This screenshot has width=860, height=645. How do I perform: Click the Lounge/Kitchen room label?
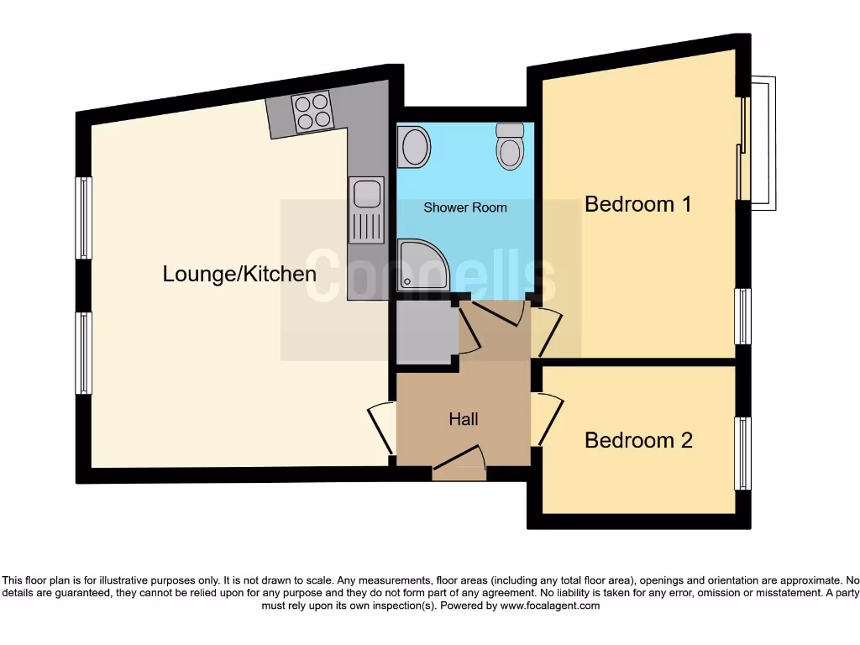click(x=239, y=274)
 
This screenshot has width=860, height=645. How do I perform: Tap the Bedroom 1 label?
click(x=638, y=204)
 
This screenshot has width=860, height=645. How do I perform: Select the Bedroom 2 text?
click(x=638, y=440)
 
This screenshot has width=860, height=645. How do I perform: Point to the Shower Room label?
click(x=464, y=207)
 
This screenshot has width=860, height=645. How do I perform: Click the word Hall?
click(x=464, y=418)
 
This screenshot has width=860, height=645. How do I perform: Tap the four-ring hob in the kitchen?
click(x=312, y=112)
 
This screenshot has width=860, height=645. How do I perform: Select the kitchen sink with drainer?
click(x=367, y=210)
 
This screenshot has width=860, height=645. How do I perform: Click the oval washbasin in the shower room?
click(x=414, y=147)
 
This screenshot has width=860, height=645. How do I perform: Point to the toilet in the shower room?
click(x=510, y=148)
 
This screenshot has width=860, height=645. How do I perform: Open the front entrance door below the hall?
click(x=459, y=464)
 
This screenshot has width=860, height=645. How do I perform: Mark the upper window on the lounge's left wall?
click(x=83, y=218)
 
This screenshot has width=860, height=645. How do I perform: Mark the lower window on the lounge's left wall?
click(x=83, y=353)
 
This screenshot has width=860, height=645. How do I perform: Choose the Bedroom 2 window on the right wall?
click(x=742, y=454)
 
